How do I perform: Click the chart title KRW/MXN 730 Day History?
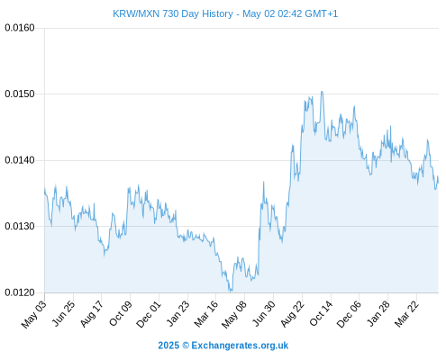[x=173, y=13]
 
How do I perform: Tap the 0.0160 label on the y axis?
[x=20, y=28]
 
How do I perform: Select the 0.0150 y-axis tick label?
[x=20, y=94]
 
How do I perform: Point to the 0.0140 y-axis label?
[x=20, y=160]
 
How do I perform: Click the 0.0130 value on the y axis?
[x=20, y=226]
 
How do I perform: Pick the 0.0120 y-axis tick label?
[x=20, y=292]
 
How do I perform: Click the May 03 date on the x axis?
[x=34, y=314]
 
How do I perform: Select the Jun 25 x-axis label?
[x=63, y=313]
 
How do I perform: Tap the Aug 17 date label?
[x=92, y=314]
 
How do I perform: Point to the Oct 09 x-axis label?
[x=121, y=313]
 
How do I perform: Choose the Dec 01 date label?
[x=149, y=314]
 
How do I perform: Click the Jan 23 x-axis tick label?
[x=177, y=313]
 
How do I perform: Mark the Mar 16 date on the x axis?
[x=206, y=314]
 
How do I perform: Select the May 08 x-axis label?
[x=234, y=314]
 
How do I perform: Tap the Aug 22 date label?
[x=293, y=314]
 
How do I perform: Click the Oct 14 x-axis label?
[x=321, y=313]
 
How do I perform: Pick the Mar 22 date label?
[x=406, y=314]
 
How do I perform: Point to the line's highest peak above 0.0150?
[x=322, y=92]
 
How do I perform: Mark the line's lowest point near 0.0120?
[x=231, y=291]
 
